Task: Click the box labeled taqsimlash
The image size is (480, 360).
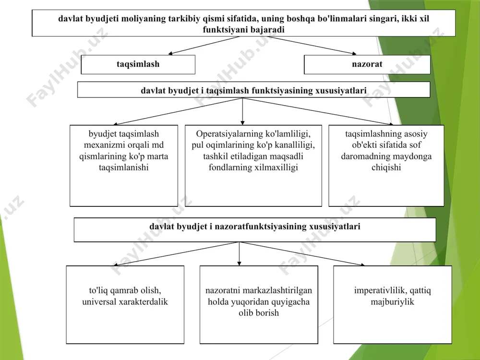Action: pyautogui.click(x=138, y=65)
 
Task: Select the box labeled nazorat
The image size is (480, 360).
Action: pyautogui.click(x=367, y=65)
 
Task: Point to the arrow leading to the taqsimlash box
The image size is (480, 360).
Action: pyautogui.click(x=204, y=45)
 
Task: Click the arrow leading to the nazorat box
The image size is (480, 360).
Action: pyautogui.click(x=312, y=45)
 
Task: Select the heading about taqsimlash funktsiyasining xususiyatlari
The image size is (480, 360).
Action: pyautogui.click(x=254, y=90)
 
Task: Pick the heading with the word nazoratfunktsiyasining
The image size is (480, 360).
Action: pyautogui.click(x=255, y=229)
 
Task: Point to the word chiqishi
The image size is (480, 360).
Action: pyautogui.click(x=386, y=168)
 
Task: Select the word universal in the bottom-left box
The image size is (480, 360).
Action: pyautogui.click(x=99, y=302)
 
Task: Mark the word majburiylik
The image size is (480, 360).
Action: pyautogui.click(x=392, y=302)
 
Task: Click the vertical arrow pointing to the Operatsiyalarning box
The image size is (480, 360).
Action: pyautogui.click(x=242, y=111)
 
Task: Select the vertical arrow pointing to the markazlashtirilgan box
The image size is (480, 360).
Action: pyautogui.click(x=239, y=254)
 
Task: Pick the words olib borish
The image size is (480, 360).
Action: pyautogui.click(x=259, y=313)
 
